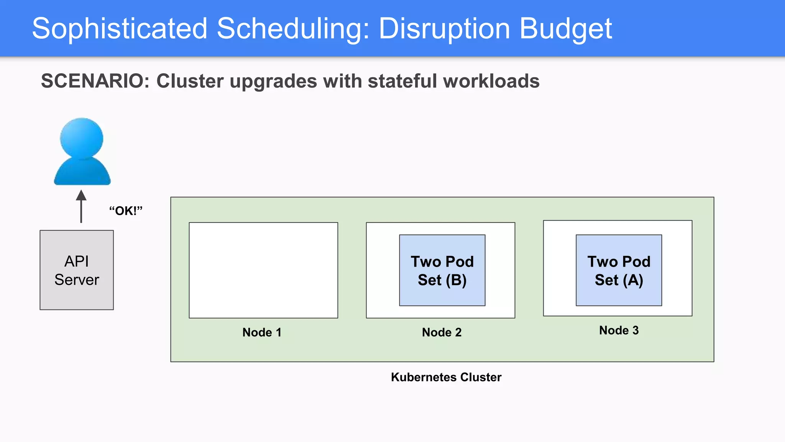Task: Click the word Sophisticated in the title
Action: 120,29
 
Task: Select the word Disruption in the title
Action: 444,29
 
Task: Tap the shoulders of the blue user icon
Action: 82,173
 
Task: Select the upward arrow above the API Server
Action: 81,206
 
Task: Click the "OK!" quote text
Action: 126,211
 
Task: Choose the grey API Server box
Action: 77,270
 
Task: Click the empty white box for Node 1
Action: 263,270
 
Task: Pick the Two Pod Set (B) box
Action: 442,270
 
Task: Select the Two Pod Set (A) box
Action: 619,270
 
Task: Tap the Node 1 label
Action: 262,332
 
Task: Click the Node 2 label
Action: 442,332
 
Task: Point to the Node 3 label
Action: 619,330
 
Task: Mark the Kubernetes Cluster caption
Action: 446,377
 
